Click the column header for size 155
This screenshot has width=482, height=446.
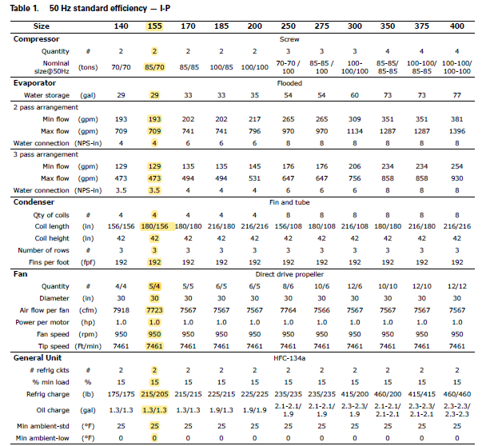(154, 26)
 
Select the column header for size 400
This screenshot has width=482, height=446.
(456, 26)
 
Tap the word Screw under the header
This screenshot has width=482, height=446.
(289, 39)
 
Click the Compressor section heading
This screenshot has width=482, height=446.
(36, 39)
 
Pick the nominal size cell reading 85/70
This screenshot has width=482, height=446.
(154, 67)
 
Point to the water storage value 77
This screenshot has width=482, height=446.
(456, 95)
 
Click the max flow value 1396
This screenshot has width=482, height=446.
(456, 131)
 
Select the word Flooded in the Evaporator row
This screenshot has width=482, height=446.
(289, 83)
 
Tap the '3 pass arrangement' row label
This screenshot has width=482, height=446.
(46, 154)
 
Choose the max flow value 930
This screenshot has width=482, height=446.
(456, 178)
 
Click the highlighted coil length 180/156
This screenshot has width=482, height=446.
(154, 226)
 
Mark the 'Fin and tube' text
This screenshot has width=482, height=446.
(289, 202)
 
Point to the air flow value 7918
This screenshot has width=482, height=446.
(121, 310)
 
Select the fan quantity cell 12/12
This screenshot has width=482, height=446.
(456, 286)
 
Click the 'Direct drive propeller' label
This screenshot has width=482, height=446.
(289, 274)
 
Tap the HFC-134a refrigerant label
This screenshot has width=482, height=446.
(289, 358)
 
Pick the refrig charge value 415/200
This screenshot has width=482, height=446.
(354, 394)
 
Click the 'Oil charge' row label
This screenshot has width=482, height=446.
(53, 410)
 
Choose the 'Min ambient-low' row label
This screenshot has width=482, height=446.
(42, 438)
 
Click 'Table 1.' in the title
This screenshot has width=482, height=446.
(24, 8)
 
